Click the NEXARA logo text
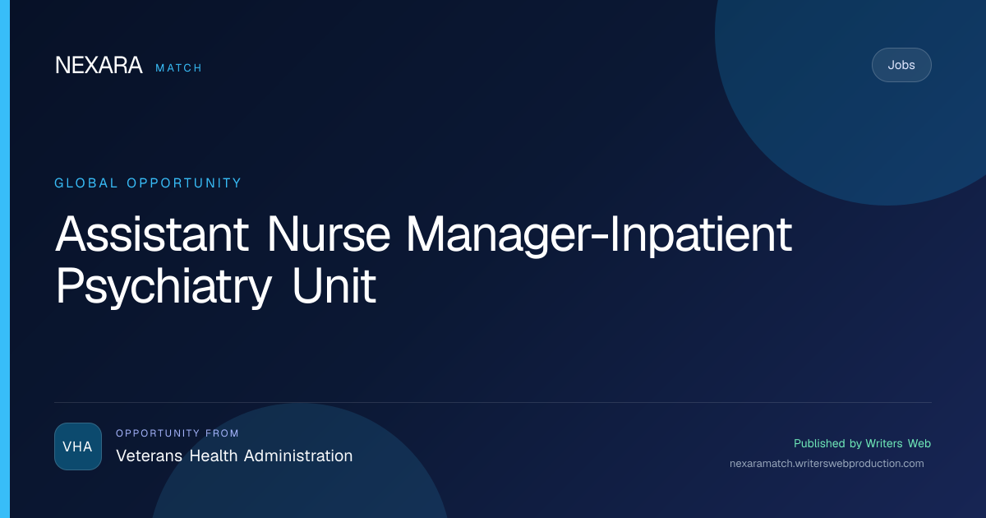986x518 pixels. click(x=99, y=65)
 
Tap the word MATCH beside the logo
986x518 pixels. click(x=178, y=67)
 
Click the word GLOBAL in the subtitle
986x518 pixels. click(x=85, y=183)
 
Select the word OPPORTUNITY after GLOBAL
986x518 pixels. click(x=184, y=183)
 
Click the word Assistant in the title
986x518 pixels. click(x=152, y=234)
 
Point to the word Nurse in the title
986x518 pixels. click(x=329, y=234)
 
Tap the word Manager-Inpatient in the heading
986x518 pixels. click(x=599, y=236)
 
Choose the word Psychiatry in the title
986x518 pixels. click(x=164, y=287)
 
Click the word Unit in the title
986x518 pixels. click(x=334, y=286)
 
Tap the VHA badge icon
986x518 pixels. click(x=78, y=446)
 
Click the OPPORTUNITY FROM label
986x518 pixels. click(x=177, y=433)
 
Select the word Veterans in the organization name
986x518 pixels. click(x=149, y=456)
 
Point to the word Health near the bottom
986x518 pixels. click(x=214, y=456)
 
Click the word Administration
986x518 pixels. click(x=298, y=456)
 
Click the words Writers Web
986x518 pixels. click(x=898, y=443)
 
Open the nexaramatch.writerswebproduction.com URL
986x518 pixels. click(x=827, y=464)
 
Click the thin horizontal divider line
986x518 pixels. click(x=493, y=402)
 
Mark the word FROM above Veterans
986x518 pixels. click(x=222, y=433)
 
